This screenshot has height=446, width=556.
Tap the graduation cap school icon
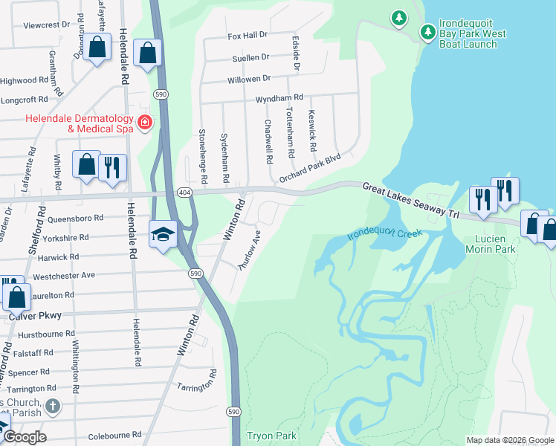(163, 234)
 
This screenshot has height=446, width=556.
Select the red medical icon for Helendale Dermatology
(144, 123)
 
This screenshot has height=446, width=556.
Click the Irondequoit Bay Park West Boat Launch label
(473, 34)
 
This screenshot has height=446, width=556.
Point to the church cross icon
(51, 406)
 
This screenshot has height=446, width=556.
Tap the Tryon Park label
(271, 436)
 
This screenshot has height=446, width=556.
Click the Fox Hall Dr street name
(247, 35)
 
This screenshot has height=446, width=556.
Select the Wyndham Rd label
(279, 97)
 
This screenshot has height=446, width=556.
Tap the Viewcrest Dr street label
(46, 25)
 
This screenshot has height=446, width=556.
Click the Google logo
(24, 437)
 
